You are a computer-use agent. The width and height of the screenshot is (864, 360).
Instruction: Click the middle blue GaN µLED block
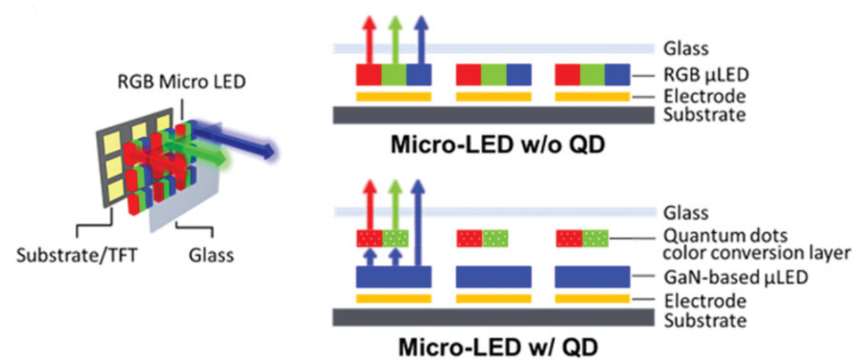[493, 277]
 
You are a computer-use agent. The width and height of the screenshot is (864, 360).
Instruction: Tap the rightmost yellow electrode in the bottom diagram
[593, 298]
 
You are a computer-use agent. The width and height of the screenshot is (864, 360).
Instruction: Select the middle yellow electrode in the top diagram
[493, 96]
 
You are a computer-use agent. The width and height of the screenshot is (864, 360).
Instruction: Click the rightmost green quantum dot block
[595, 238]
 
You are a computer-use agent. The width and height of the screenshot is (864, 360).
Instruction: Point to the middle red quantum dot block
[469, 238]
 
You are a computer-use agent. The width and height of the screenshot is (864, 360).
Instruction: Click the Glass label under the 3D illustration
[211, 255]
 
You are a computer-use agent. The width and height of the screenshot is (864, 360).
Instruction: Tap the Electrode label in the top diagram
[703, 95]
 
